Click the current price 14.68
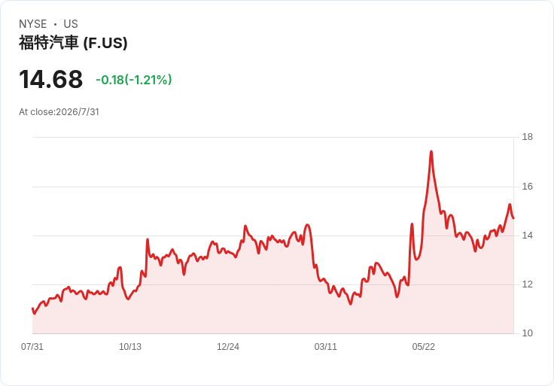pyautogui.click(x=51, y=79)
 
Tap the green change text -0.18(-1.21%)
pyautogui.click(x=134, y=80)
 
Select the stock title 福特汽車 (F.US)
pyautogui.click(x=73, y=43)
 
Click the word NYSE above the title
pyautogui.click(x=33, y=24)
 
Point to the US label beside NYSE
pyautogui.click(x=71, y=24)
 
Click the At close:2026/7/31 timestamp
pyautogui.click(x=59, y=112)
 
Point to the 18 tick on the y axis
pyautogui.click(x=528, y=137)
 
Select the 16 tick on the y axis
pyautogui.click(x=528, y=187)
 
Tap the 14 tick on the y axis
pyautogui.click(x=528, y=236)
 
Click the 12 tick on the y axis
pyautogui.click(x=528, y=284)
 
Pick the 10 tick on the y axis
pyautogui.click(x=528, y=333)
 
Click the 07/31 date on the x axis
pyautogui.click(x=32, y=347)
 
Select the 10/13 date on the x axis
pyautogui.click(x=130, y=347)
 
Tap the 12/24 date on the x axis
pyautogui.click(x=228, y=347)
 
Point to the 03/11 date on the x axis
pyautogui.click(x=326, y=347)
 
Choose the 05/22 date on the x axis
pyautogui.click(x=423, y=347)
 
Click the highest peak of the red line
pyautogui.click(x=431, y=151)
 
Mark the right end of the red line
pyautogui.click(x=513, y=218)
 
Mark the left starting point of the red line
pyautogui.click(x=32, y=308)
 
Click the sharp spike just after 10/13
pyautogui.click(x=148, y=239)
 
